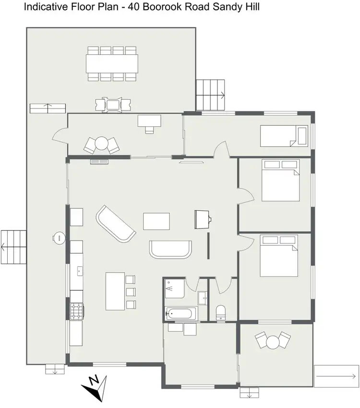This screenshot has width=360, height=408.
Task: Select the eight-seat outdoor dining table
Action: click(x=112, y=63)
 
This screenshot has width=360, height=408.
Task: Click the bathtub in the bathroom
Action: click(x=180, y=314)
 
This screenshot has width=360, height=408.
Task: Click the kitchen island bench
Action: click(x=115, y=291)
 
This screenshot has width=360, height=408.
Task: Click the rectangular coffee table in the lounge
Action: click(x=156, y=222)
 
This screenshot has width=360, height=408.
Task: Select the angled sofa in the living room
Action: click(x=116, y=225)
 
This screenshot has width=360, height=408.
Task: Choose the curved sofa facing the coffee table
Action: click(x=171, y=250)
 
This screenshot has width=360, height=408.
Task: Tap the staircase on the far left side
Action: click(x=12, y=247)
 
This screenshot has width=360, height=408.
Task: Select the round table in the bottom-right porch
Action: click(x=273, y=342)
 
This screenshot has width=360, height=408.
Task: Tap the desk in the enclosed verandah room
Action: click(x=149, y=120)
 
